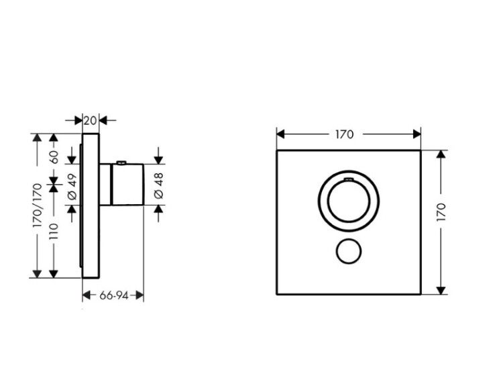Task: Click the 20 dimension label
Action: [90, 121]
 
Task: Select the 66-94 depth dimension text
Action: [113, 295]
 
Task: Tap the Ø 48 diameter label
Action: [159, 185]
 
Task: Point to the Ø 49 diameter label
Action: [72, 186]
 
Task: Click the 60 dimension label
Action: [54, 157]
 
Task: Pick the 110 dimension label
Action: [54, 232]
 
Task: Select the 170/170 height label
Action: [38, 205]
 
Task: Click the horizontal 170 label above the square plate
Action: [345, 134]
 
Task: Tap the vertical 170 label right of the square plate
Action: [441, 211]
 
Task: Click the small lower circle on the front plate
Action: [349, 252]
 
